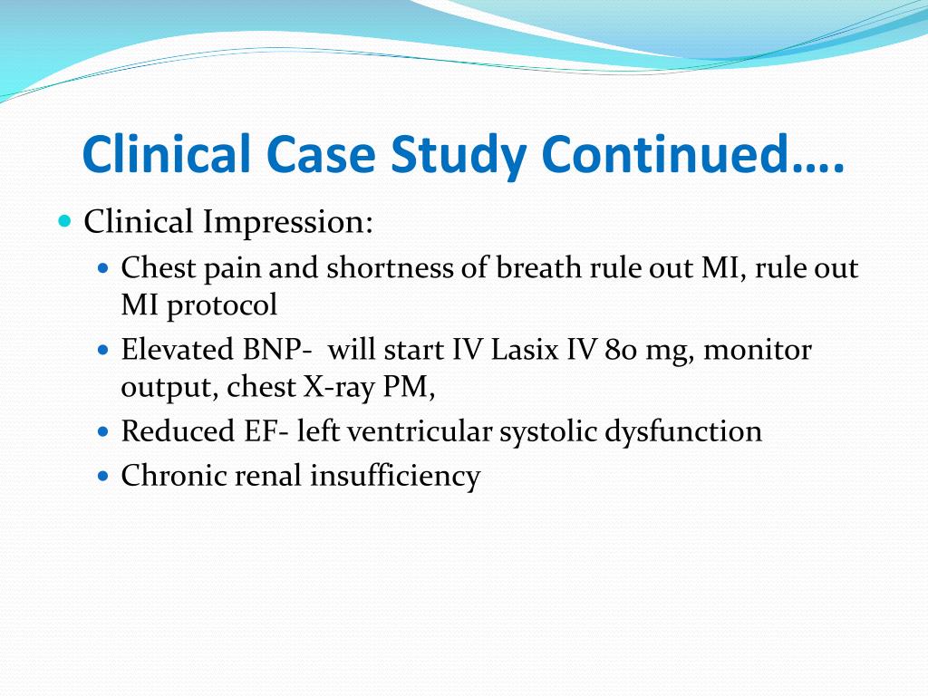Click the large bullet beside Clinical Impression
[63, 221]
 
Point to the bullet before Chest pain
[102, 269]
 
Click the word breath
[542, 268]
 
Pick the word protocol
[222, 305]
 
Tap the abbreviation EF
[262, 431]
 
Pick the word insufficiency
[395, 475]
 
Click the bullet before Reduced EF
[102, 432]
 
